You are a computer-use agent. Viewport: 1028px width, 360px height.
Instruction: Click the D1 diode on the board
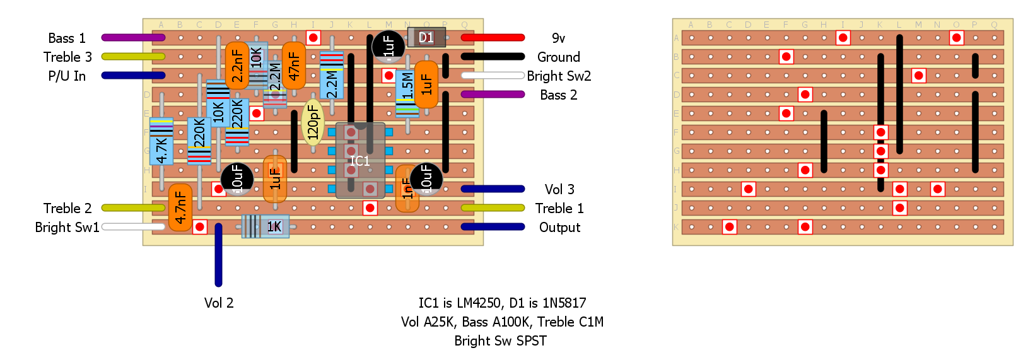pyautogui.click(x=426, y=37)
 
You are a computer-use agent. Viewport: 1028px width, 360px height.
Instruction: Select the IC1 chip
pyautogui.click(x=360, y=161)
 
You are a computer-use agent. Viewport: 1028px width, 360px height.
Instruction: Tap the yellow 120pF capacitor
pyautogui.click(x=313, y=122)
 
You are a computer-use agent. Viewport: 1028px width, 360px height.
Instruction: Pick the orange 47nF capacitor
pyautogui.click(x=294, y=66)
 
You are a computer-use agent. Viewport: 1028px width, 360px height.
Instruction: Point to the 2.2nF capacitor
pyautogui.click(x=237, y=66)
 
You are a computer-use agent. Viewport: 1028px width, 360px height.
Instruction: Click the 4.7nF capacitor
pyautogui.click(x=180, y=207)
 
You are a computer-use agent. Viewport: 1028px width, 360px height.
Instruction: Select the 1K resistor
pyautogui.click(x=266, y=226)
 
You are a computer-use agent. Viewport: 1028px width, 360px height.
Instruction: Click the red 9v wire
pyautogui.click(x=493, y=38)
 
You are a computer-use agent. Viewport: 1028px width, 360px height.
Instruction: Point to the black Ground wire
pyautogui.click(x=493, y=57)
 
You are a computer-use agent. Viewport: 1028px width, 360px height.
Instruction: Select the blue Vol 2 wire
pyautogui.click(x=218, y=255)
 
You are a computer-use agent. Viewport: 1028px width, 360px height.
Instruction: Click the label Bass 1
pyautogui.click(x=67, y=38)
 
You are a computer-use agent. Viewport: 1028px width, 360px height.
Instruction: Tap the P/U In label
pyautogui.click(x=67, y=76)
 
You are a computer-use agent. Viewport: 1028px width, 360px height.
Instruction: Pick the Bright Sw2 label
pyautogui.click(x=559, y=76)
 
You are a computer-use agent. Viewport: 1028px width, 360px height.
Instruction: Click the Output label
pyautogui.click(x=559, y=228)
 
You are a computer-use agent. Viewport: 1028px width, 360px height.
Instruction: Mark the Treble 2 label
pyautogui.click(x=67, y=209)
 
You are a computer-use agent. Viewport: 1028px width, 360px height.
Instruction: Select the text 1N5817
pyautogui.click(x=564, y=303)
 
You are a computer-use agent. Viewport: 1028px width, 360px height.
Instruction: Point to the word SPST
pyautogui.click(x=530, y=341)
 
